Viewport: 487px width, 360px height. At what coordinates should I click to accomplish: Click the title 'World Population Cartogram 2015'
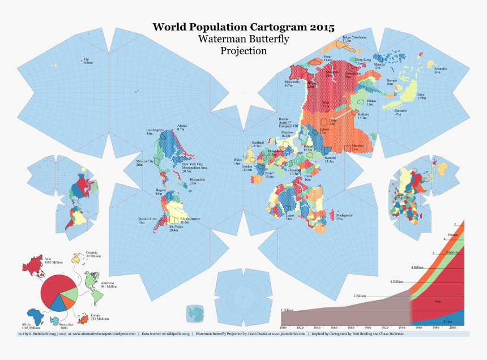click(244, 27)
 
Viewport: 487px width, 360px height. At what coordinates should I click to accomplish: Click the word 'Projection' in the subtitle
click(244, 50)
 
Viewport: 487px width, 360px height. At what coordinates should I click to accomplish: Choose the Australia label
click(440, 70)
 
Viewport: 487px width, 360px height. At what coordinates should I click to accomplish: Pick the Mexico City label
click(145, 162)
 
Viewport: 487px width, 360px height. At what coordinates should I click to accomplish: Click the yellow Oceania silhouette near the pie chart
click(76, 258)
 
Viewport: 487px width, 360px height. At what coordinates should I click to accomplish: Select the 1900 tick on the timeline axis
click(368, 328)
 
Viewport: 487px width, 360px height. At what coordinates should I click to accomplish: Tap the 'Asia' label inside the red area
click(438, 302)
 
